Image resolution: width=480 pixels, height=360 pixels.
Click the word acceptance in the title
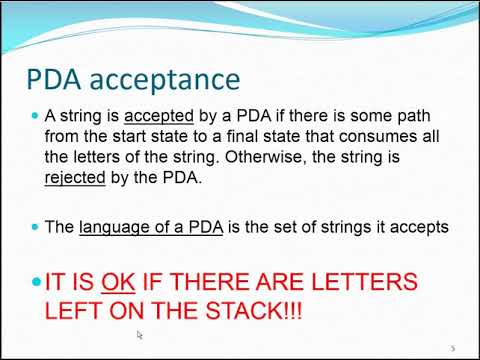click(176, 79)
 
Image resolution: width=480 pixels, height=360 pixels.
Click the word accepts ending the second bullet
click(418, 228)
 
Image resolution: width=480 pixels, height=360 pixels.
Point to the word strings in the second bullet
click(350, 228)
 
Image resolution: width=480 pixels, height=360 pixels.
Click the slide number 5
click(452, 347)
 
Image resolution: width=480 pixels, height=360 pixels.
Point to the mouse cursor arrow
click(140, 335)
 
